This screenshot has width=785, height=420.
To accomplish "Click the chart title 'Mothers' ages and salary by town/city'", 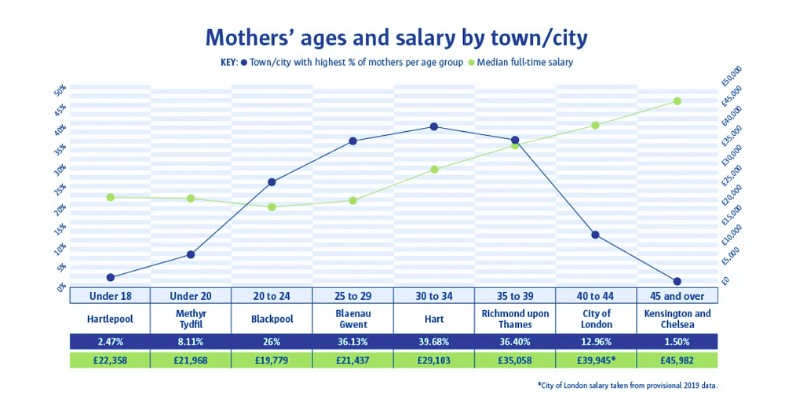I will point(396,37).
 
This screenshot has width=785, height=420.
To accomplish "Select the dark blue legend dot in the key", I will point(245,62).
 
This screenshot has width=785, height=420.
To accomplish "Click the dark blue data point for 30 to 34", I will point(433,127).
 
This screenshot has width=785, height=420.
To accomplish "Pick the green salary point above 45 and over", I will point(677,101).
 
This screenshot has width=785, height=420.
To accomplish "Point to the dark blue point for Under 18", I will point(111,277).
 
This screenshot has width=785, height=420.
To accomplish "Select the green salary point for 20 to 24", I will point(272,207).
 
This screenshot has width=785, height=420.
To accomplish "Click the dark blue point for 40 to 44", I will point(595,235).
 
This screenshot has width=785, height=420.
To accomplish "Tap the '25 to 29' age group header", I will point(352,296).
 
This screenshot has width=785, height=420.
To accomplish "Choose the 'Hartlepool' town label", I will point(110,319).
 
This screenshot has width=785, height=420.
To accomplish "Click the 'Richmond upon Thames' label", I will point(514,319).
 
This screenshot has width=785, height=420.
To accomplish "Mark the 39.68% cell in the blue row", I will point(433,341).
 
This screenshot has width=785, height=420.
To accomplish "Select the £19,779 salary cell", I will point(272,360).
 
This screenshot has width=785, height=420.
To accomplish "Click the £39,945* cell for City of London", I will point(596,360).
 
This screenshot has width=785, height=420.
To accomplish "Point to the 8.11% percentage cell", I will point(191,341).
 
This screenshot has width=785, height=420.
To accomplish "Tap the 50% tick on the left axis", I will point(60,90).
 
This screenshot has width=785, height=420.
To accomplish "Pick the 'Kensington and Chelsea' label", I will point(677,319).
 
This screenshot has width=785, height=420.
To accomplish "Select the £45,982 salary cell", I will point(677,360).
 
